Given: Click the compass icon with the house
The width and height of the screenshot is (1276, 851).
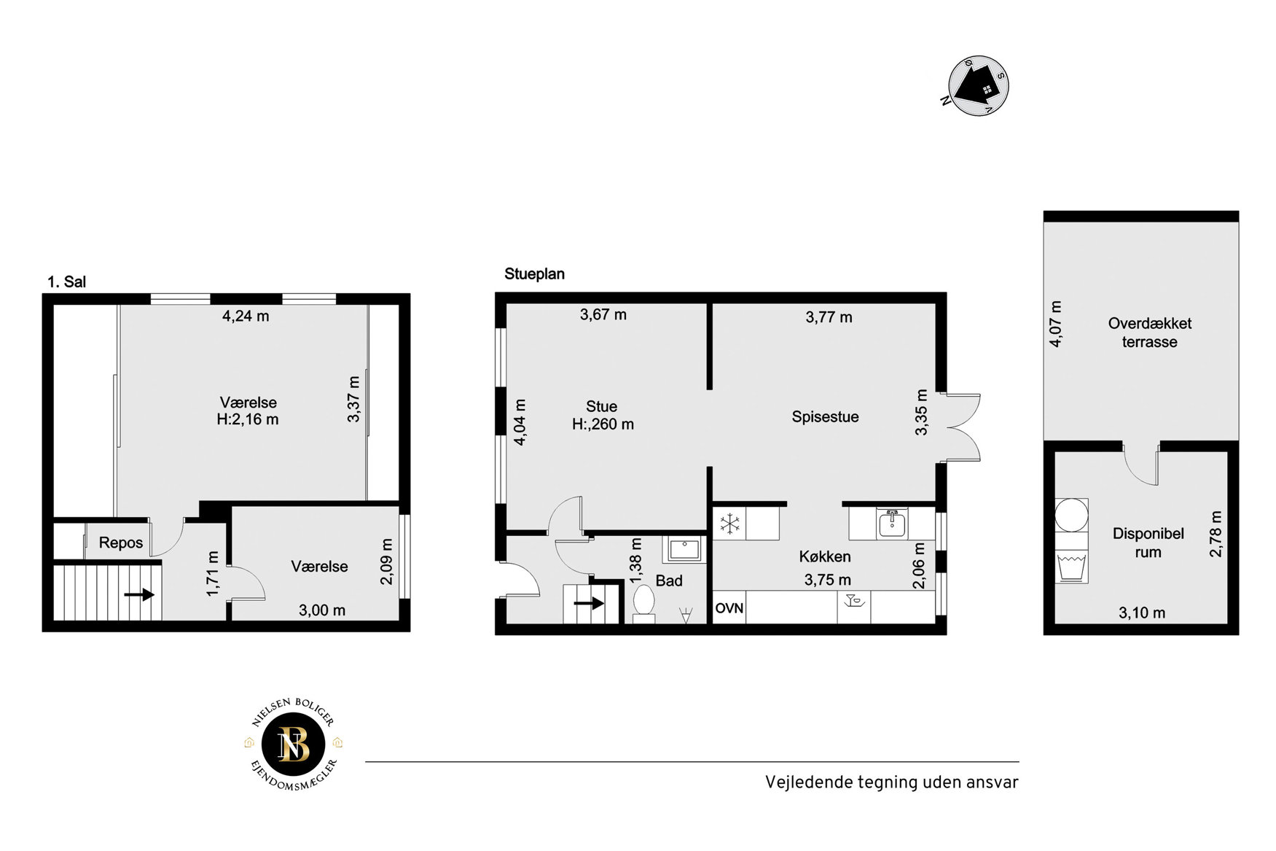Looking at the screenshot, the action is [x=978, y=85].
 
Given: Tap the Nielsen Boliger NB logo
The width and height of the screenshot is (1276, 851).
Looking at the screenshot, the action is [x=294, y=745].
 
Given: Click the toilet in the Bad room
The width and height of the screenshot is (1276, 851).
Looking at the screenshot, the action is [x=643, y=603].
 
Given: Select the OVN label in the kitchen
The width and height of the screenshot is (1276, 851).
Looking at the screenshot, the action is [x=729, y=608].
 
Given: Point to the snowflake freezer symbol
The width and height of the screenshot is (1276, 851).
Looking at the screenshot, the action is [x=729, y=523].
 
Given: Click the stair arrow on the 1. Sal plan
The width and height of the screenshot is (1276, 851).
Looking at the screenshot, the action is [x=139, y=595].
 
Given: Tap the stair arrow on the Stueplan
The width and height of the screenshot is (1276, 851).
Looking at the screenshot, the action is [x=590, y=603].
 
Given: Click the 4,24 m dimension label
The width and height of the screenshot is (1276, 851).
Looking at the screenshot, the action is [x=246, y=316].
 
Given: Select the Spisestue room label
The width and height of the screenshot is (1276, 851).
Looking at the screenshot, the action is [x=825, y=417].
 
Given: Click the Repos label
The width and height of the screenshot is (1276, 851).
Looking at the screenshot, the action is [x=121, y=543].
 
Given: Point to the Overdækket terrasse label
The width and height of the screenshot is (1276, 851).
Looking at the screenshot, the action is [x=1149, y=333].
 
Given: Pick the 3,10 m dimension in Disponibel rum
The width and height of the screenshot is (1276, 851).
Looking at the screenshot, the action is [x=1142, y=613].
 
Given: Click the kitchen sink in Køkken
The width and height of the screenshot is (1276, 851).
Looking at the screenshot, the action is [x=891, y=523].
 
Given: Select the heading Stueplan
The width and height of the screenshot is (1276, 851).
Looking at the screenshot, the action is [x=534, y=274].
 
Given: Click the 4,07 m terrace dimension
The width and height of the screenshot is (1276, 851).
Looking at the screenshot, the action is [x=1055, y=324].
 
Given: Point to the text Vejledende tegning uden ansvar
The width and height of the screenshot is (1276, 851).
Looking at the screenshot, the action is [x=891, y=782].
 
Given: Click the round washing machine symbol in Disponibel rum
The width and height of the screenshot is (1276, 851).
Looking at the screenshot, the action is [x=1071, y=515].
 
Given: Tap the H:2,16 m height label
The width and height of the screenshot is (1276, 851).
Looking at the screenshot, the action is [x=248, y=419].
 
